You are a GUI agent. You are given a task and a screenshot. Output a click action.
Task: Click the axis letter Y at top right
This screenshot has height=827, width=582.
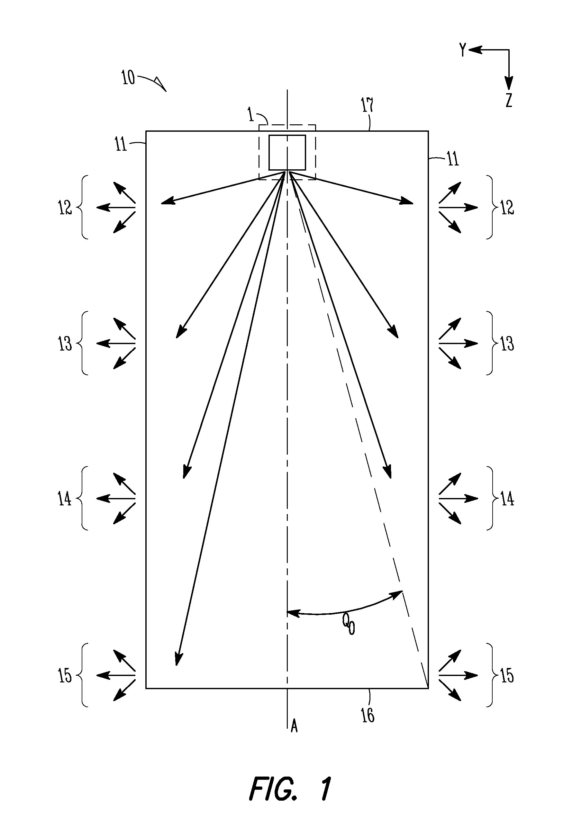pyautogui.click(x=463, y=50)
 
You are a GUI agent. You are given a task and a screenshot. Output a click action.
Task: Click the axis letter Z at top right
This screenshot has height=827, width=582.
pyautogui.click(x=508, y=100)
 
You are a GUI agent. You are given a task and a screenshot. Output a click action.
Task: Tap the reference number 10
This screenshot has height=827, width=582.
pyautogui.click(x=128, y=77)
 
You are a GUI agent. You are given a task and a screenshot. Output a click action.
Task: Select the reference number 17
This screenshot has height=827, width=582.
pyautogui.click(x=367, y=105)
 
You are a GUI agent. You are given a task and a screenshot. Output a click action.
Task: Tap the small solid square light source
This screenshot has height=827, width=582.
pyautogui.click(x=287, y=152)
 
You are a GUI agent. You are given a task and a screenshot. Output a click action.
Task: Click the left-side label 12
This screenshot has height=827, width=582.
pyautogui.click(x=65, y=208)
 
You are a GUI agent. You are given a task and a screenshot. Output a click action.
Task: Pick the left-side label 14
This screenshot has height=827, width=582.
pyautogui.click(x=65, y=499)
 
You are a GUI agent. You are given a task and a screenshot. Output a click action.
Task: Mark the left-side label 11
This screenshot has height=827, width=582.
pyautogui.click(x=121, y=145)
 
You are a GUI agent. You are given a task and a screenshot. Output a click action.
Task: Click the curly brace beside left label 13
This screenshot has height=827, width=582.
pyautogui.click(x=83, y=343)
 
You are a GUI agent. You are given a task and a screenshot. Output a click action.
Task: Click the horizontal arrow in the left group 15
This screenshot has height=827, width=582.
pyautogui.click(x=116, y=676)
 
